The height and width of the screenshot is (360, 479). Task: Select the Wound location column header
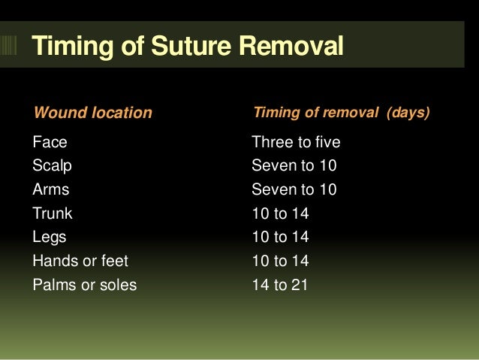pyautogui.click(x=92, y=113)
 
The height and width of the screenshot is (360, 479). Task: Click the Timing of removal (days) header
pyautogui.click(x=341, y=113)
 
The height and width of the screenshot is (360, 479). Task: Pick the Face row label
pyautogui.click(x=50, y=141)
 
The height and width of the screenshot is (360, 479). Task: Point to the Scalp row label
pyautogui.click(x=53, y=165)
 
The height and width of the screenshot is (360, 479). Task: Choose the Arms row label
pyautogui.click(x=50, y=189)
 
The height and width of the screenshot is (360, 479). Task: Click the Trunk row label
pyautogui.click(x=53, y=213)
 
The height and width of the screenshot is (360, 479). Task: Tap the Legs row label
pyautogui.click(x=50, y=237)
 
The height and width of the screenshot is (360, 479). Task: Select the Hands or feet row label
pyautogui.click(x=80, y=262)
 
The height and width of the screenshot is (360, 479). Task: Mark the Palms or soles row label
pyautogui.click(x=85, y=286)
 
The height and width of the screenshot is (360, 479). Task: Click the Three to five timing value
pyautogui.click(x=296, y=141)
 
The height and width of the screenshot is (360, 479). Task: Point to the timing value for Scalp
pyautogui.click(x=294, y=165)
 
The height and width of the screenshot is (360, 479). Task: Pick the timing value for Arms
pyautogui.click(x=294, y=189)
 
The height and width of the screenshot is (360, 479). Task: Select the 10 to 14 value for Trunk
pyautogui.click(x=280, y=213)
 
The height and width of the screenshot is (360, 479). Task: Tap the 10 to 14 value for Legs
pyautogui.click(x=280, y=237)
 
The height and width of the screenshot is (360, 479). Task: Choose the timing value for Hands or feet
pyautogui.click(x=280, y=262)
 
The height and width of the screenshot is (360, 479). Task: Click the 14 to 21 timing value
pyautogui.click(x=280, y=286)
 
